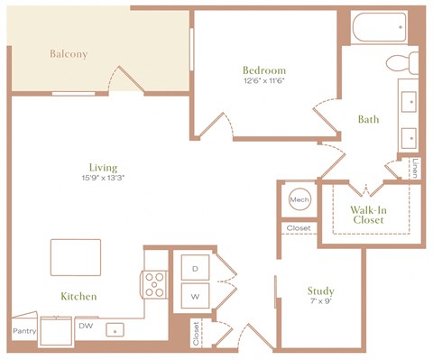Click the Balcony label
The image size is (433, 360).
pyautogui.click(x=68, y=54)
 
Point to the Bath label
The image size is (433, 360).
pyautogui.click(x=368, y=118)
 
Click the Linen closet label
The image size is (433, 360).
pyautogui.click(x=414, y=168)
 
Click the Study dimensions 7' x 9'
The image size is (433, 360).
pyautogui.click(x=320, y=303)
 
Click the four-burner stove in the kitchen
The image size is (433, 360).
pyautogui.click(x=155, y=284)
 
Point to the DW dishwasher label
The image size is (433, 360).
pyautogui.click(x=85, y=326)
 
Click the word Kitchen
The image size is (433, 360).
pyautogui.click(x=78, y=296)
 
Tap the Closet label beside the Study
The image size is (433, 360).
pyautogui.click(x=298, y=228)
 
